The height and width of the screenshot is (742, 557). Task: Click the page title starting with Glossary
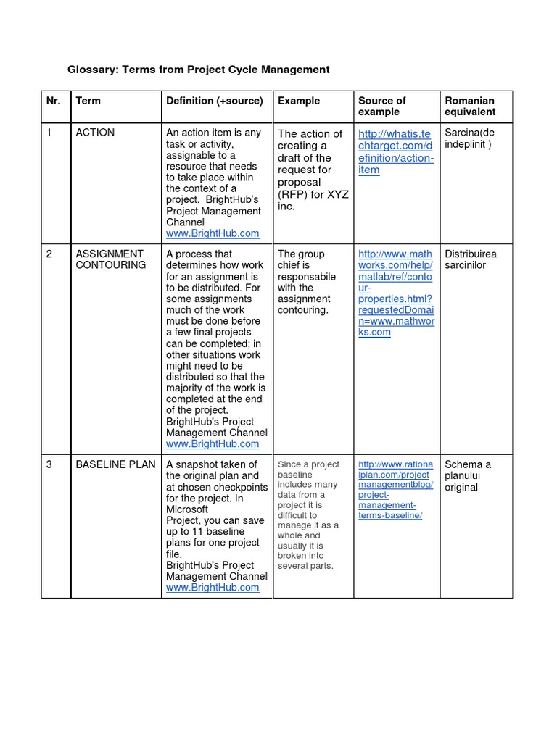[x=199, y=70]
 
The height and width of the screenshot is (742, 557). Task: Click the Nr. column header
[x=54, y=101]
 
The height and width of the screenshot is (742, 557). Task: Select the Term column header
[x=88, y=101]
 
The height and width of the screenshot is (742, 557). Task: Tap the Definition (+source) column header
[x=215, y=101]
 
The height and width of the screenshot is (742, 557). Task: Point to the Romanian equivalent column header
[x=470, y=106]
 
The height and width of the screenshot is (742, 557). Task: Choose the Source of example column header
[x=382, y=106]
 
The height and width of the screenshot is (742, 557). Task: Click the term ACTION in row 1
[x=95, y=133]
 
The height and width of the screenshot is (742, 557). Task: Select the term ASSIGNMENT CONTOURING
[x=110, y=259]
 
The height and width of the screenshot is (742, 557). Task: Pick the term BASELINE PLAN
[x=115, y=464]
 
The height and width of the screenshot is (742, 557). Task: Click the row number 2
[x=49, y=254]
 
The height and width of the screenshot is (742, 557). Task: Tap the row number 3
[x=49, y=464]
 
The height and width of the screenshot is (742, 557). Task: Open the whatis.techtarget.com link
[x=395, y=151]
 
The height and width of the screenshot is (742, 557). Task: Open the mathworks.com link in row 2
[x=395, y=293]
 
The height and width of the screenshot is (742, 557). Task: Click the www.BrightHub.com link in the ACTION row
[x=213, y=234]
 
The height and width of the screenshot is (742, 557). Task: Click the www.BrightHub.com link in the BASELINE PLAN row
[x=213, y=588]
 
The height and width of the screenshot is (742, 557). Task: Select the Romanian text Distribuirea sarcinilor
[x=471, y=259]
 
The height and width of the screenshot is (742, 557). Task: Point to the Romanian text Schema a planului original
[x=468, y=475]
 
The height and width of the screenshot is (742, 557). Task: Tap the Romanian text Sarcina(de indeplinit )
[x=469, y=138]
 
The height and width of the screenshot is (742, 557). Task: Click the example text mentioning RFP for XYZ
[x=310, y=170]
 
